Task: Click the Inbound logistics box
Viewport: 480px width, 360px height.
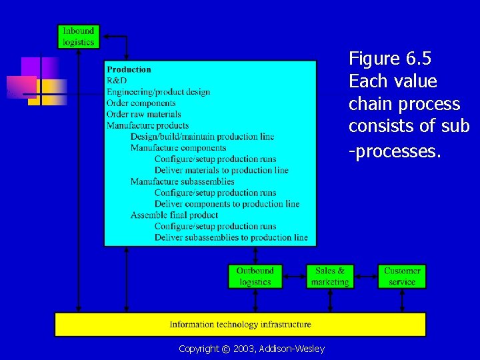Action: tap(79, 37)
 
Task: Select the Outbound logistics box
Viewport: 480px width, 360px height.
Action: tap(255, 277)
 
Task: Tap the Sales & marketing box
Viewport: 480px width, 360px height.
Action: tap(330, 277)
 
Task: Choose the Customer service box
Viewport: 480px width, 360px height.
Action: tap(402, 277)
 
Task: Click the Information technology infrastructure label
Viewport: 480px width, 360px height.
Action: tap(240, 325)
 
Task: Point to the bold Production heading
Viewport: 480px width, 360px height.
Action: tap(129, 69)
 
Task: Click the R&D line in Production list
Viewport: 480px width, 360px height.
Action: tap(117, 81)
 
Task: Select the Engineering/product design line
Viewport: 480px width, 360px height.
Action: tap(158, 92)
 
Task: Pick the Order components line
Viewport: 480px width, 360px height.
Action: tap(141, 103)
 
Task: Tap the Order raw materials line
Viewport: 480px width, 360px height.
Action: tap(143, 114)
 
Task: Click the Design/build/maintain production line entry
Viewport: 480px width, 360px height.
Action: tap(202, 137)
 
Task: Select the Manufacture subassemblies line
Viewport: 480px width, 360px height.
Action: tap(182, 181)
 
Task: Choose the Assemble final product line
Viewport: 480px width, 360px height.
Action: tap(174, 215)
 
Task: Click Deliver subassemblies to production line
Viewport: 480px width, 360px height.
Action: tap(231, 237)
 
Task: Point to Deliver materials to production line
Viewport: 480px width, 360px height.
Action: tap(221, 170)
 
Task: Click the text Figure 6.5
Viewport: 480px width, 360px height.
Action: tap(390, 59)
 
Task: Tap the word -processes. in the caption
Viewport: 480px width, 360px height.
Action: tap(395, 151)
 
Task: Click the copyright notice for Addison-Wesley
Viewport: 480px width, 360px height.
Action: tap(251, 349)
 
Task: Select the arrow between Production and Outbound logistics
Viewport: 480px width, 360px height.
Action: tap(255, 255)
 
